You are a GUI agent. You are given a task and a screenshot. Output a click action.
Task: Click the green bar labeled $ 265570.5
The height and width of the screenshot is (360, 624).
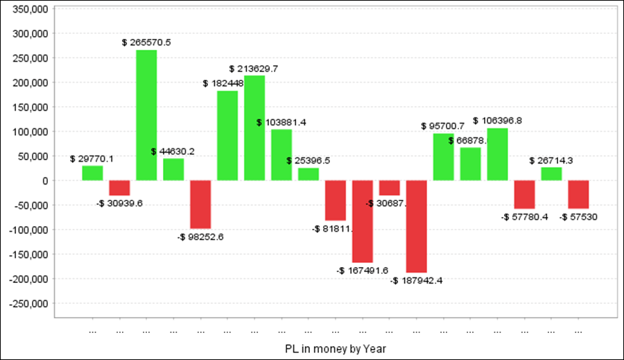coord(146,115)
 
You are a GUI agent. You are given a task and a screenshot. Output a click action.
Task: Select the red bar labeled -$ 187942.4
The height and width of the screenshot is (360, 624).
coord(417,226)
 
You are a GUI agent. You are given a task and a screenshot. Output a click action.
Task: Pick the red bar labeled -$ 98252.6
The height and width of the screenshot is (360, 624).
coord(200,204)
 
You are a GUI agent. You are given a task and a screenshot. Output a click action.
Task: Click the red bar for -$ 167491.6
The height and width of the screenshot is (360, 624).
coord(363,221)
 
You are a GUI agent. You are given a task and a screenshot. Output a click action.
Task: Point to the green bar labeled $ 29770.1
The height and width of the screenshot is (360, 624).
coord(92,173)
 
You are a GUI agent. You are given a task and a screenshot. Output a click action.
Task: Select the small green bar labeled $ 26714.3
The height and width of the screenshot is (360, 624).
coord(552,173)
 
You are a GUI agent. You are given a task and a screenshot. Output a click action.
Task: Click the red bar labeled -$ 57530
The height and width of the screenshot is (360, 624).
coord(579,194)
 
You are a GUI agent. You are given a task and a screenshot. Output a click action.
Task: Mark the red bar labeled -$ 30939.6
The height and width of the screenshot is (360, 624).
coord(119,188)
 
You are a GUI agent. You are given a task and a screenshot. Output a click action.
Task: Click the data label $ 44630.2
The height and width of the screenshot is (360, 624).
coord(173,152)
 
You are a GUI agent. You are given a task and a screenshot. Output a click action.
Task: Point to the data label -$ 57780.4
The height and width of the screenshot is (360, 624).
coord(524,217)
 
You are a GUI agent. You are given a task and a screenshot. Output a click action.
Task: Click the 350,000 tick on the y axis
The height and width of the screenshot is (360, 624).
coord(30,9)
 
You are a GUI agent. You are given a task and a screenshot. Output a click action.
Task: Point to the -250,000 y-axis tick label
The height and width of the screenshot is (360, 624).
coord(28,303)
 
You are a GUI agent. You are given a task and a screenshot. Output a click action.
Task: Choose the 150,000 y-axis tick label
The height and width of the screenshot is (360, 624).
coord(30,107)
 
